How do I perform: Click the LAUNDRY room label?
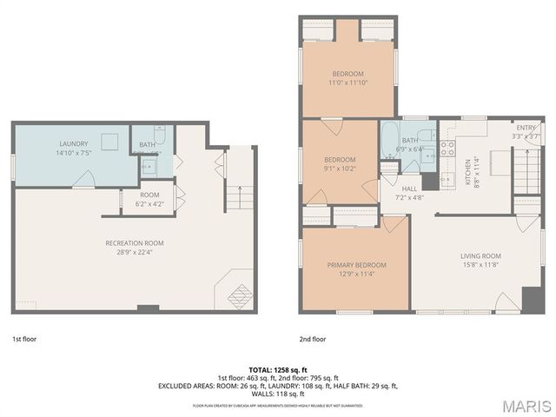74,143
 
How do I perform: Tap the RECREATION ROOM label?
135,243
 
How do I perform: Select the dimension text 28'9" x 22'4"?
135,253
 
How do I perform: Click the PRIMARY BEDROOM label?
356,265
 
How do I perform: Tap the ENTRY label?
526,127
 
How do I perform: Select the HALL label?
410,188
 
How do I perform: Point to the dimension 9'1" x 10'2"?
340,169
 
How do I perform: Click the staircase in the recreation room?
239,198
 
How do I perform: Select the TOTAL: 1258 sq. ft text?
277,370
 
